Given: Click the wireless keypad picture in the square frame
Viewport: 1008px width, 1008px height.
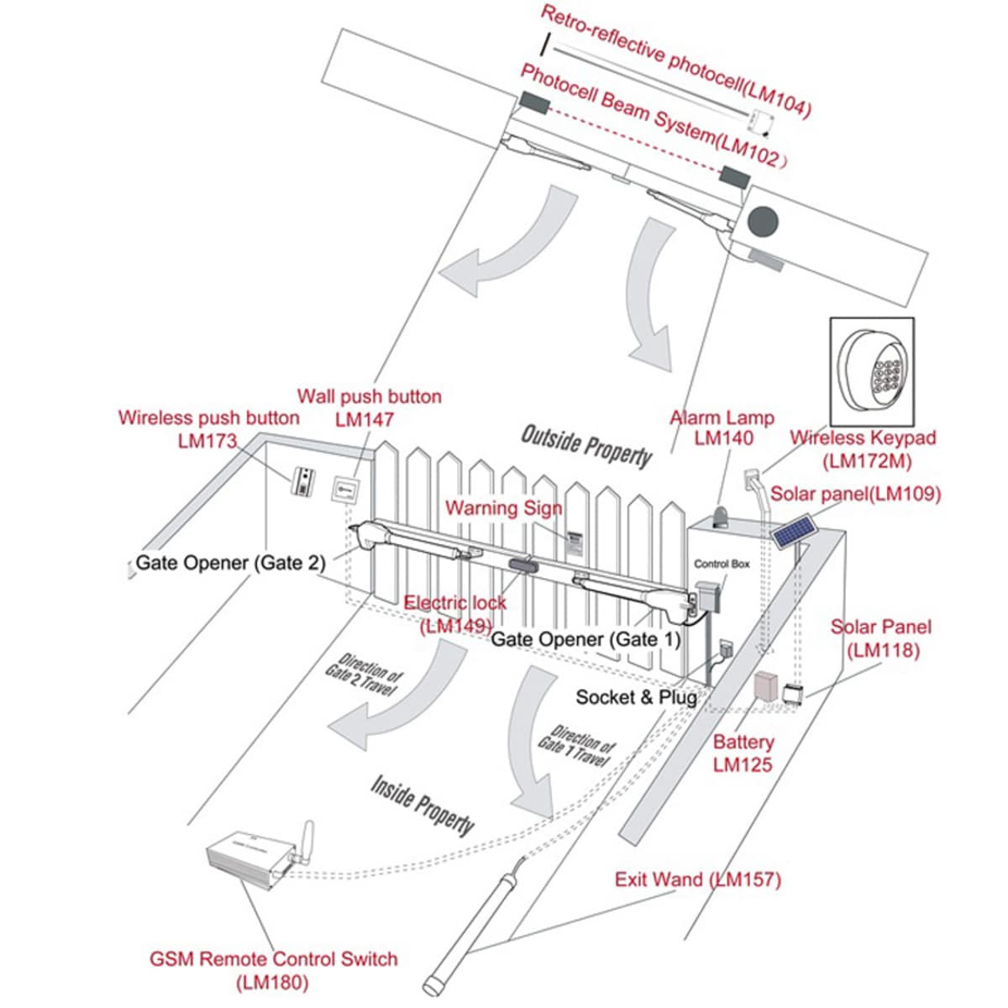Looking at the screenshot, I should [x=872, y=372].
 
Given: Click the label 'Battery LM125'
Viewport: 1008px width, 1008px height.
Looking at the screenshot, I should [x=743, y=753].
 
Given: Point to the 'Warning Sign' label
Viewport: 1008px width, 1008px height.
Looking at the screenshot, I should [x=504, y=508].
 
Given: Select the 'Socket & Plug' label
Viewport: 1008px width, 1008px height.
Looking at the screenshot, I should [x=636, y=697].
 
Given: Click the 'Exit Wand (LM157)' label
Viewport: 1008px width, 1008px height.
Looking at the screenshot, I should [x=697, y=879].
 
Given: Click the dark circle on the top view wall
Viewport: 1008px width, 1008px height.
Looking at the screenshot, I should [x=764, y=222].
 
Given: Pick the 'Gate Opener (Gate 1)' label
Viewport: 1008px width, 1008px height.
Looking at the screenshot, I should [x=585, y=639].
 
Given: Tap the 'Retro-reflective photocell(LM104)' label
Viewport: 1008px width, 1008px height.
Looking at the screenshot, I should [x=675, y=60].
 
